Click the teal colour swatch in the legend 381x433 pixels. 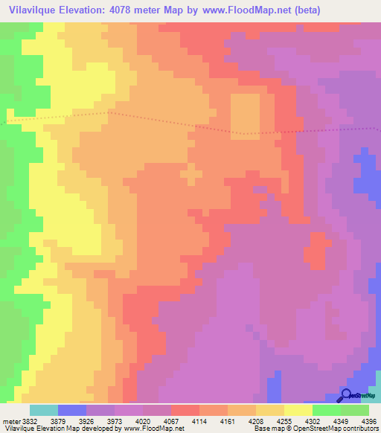click(x=43, y=410)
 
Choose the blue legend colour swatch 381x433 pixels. click(x=71, y=410)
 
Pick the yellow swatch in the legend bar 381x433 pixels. click(x=298, y=410)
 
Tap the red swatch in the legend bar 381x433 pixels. click(x=185, y=410)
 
